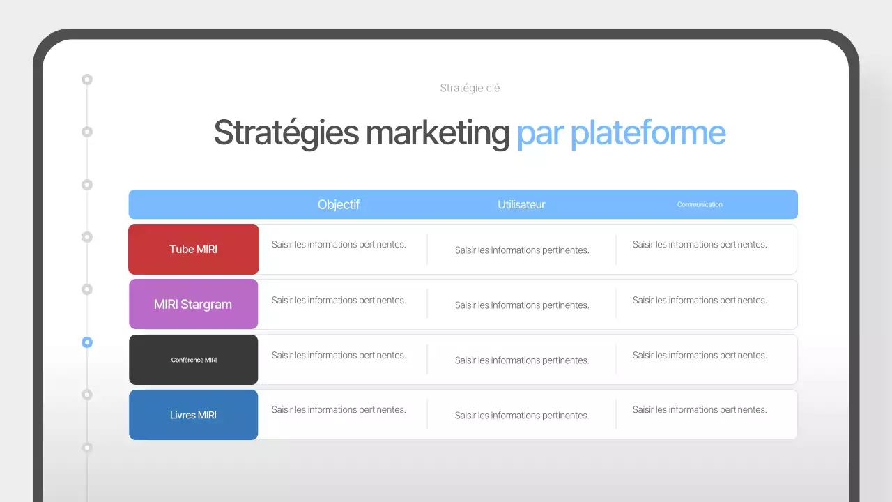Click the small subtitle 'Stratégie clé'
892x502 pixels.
[x=470, y=88]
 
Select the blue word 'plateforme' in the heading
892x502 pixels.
[x=648, y=132]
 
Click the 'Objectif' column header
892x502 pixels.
[x=339, y=204]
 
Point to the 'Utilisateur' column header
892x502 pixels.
[x=521, y=204]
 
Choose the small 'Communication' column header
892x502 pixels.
[x=700, y=204]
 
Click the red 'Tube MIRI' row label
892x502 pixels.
[x=194, y=249]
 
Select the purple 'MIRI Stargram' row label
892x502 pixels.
[x=193, y=304]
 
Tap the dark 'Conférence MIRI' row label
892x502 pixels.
[x=194, y=360]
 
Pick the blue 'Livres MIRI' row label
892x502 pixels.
[x=193, y=415]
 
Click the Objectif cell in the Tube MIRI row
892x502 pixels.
[x=339, y=245]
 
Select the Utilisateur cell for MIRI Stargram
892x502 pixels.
[x=522, y=305]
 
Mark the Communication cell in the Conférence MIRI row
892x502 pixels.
[x=700, y=356]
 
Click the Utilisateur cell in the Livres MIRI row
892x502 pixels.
[x=522, y=416]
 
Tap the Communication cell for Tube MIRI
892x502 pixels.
[x=700, y=245]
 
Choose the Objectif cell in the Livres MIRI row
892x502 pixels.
[x=339, y=410]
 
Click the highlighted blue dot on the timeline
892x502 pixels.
[x=87, y=342]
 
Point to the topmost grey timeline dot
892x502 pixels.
[x=87, y=79]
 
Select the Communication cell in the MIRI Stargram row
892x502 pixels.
[x=700, y=301]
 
